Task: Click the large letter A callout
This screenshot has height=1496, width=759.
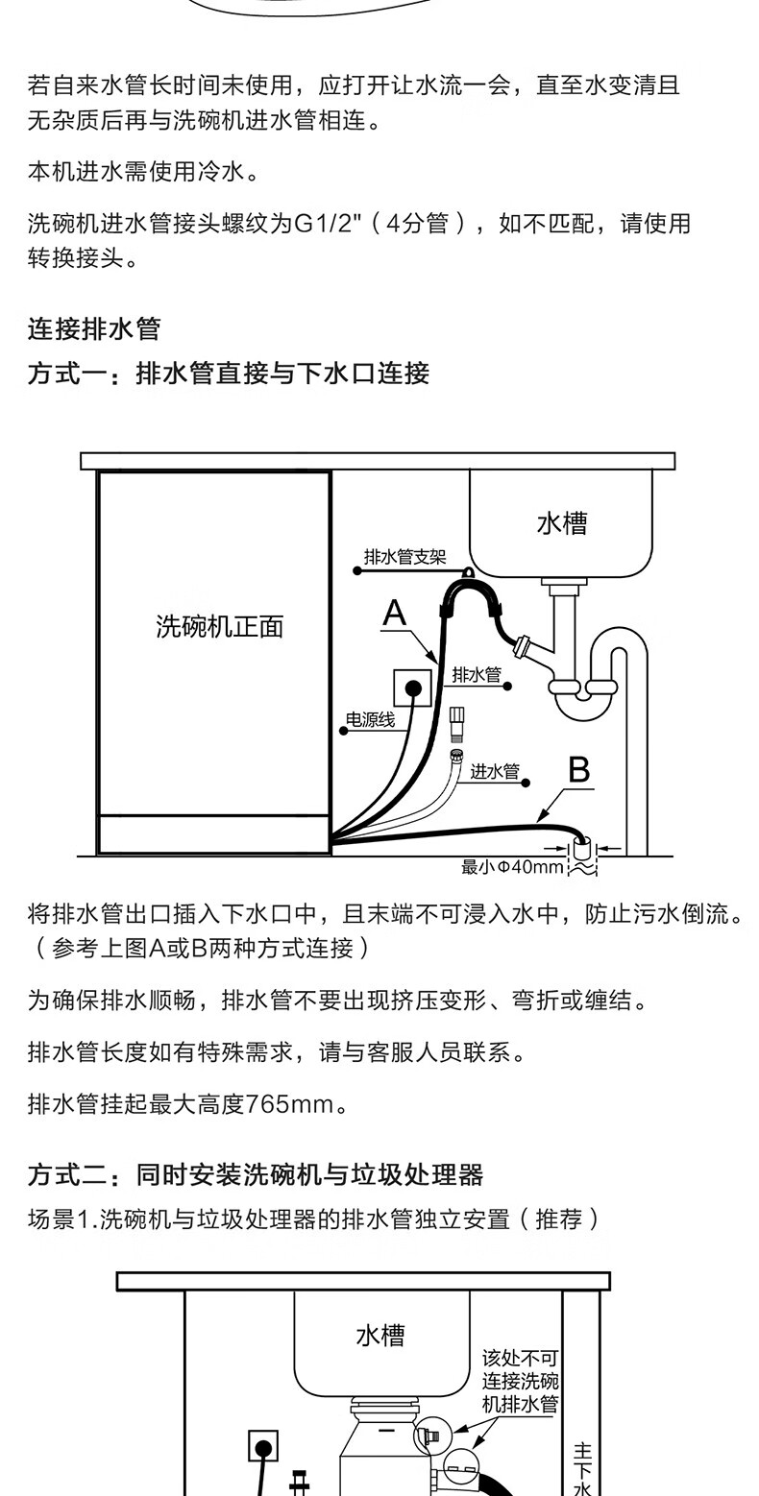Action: tap(394, 614)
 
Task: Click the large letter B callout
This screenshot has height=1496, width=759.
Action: tap(578, 769)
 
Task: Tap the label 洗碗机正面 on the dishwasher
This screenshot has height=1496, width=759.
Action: tap(220, 626)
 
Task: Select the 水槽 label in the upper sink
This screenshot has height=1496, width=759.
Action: tap(562, 523)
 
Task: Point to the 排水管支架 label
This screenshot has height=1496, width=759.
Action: tap(404, 557)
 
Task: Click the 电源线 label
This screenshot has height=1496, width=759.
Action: tap(370, 719)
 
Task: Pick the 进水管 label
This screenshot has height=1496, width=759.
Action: tap(495, 771)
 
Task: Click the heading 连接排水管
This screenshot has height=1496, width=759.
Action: tap(94, 329)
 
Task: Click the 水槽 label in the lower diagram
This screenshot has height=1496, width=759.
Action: tap(380, 1336)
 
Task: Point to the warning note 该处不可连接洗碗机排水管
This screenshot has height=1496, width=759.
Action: tap(520, 1381)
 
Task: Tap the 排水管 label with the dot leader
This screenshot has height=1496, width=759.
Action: tap(477, 674)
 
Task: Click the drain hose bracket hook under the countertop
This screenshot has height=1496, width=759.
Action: tap(468, 571)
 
